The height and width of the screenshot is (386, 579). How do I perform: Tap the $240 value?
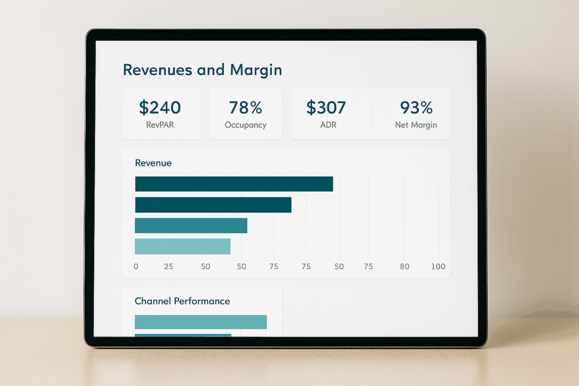click(160, 107)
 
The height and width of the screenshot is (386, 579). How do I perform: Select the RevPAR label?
click(160, 125)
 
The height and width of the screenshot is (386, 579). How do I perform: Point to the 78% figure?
click(245, 107)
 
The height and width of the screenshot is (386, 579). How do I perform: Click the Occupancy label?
click(245, 125)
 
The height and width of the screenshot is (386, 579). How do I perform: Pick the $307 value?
click(326, 107)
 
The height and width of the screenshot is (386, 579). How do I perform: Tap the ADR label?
click(328, 125)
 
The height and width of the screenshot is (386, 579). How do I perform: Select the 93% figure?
click(416, 107)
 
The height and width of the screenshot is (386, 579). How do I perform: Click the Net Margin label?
click(416, 125)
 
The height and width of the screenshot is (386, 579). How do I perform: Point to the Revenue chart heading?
click(153, 163)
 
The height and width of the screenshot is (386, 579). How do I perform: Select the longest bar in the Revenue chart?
click(234, 184)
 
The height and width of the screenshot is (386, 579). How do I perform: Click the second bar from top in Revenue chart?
click(213, 205)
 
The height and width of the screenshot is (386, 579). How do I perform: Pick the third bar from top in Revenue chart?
click(191, 225)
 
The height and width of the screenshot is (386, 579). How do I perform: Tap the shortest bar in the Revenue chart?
click(183, 246)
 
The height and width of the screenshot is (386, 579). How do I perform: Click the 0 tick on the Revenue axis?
click(136, 267)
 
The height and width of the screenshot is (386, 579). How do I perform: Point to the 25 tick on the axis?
click(168, 267)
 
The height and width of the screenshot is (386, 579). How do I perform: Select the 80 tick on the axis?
click(404, 267)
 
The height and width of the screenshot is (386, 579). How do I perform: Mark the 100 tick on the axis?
click(438, 267)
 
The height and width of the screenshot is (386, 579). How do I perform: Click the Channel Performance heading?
click(182, 301)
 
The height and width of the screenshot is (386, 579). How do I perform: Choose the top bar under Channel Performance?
click(200, 322)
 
